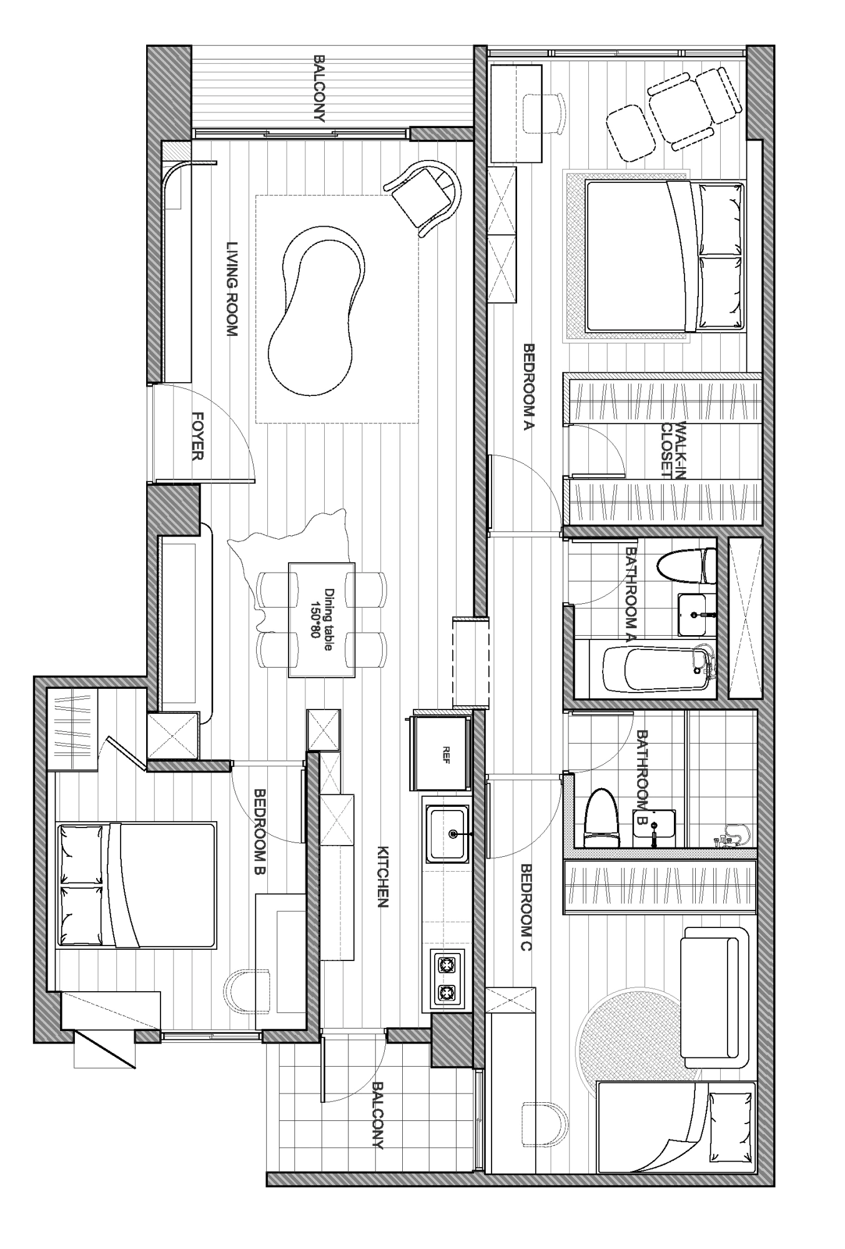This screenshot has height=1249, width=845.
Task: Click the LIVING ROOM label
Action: point(232,289)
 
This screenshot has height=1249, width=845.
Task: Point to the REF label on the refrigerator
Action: point(446,750)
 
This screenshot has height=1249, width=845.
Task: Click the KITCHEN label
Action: point(383,877)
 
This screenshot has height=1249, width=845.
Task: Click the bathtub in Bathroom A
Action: point(658,669)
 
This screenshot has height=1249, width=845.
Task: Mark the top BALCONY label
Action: point(319,88)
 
